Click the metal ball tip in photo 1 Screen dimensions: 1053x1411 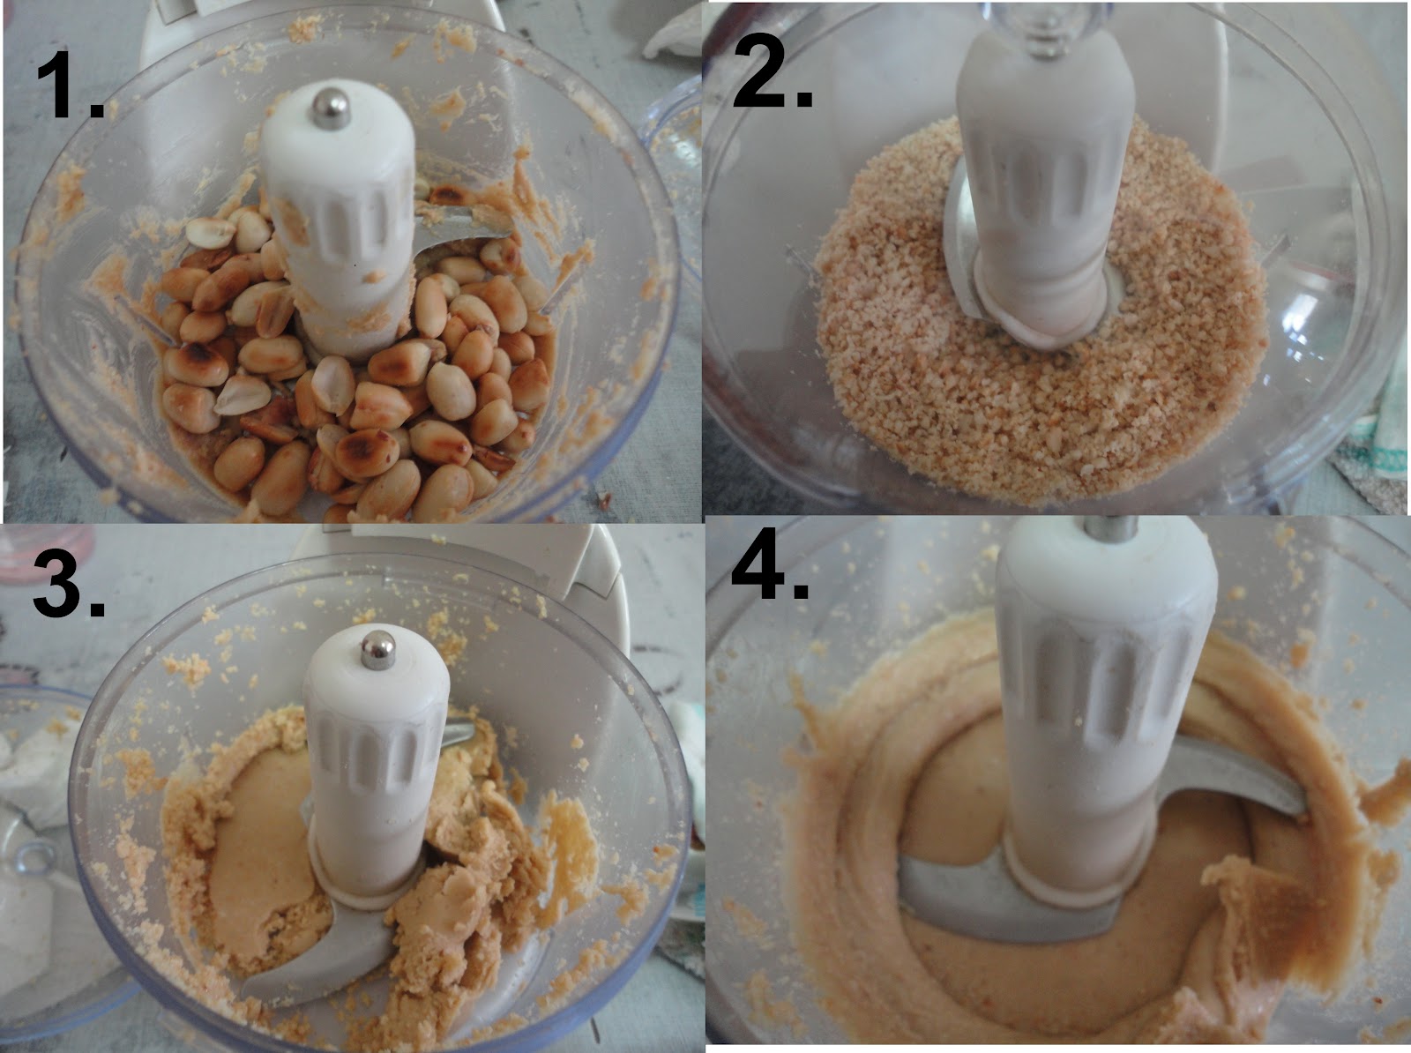(325, 101)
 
